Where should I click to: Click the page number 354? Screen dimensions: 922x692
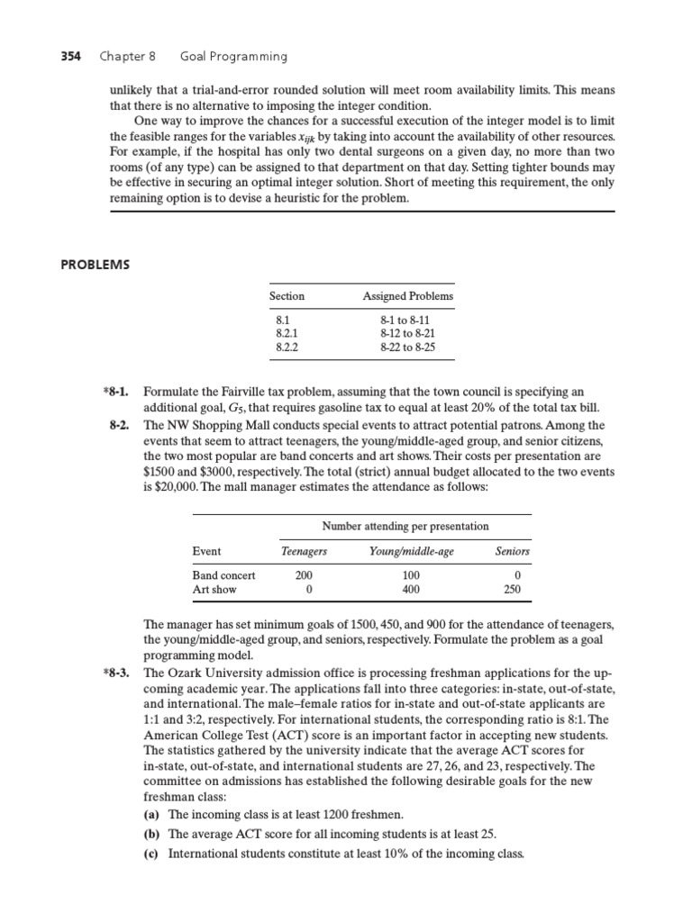click(69, 56)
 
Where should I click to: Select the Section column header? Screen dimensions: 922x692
click(287, 295)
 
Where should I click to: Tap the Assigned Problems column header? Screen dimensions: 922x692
click(408, 295)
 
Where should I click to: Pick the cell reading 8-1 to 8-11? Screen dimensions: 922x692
click(407, 319)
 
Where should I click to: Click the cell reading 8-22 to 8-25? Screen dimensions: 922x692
click(407, 346)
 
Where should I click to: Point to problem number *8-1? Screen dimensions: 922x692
click(119, 392)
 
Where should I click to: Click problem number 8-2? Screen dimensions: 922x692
click(122, 424)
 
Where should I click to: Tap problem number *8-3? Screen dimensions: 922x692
click(119, 673)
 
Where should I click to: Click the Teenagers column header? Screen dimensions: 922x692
click(305, 551)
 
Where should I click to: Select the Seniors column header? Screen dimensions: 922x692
click(513, 551)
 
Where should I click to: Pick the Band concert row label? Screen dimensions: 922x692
click(224, 574)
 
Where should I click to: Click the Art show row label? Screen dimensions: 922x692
click(214, 590)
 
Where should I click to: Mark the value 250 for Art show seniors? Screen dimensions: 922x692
click(514, 590)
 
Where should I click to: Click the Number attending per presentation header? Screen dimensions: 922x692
click(405, 526)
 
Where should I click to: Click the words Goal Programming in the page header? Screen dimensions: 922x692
click(233, 56)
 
